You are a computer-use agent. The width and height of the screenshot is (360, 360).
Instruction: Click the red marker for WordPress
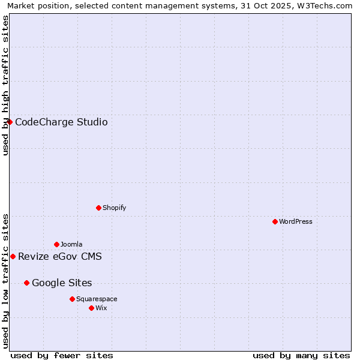click(x=275, y=221)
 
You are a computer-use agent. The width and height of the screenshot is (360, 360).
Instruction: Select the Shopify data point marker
click(x=98, y=208)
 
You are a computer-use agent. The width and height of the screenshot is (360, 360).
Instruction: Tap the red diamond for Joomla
click(x=56, y=244)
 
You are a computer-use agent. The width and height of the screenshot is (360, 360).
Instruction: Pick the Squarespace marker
click(x=72, y=299)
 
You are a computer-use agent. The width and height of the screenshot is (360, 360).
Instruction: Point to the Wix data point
click(x=91, y=308)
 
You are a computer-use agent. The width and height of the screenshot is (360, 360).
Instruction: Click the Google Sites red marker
click(x=26, y=283)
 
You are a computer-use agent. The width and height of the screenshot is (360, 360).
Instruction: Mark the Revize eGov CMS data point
click(x=13, y=256)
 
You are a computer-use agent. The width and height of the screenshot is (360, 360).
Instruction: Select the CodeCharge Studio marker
click(x=10, y=122)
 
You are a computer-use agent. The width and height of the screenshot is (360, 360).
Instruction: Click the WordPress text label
click(x=296, y=221)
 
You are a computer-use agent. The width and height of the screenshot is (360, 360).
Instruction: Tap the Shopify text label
click(x=114, y=208)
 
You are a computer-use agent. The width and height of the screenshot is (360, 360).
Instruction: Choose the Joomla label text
click(x=71, y=244)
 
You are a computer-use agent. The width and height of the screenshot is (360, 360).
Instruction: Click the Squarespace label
click(x=97, y=299)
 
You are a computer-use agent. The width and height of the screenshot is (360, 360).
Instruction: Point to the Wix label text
click(x=101, y=308)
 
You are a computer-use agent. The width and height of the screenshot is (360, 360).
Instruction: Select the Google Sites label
click(x=62, y=283)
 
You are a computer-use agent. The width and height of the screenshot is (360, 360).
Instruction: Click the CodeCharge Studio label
click(x=61, y=122)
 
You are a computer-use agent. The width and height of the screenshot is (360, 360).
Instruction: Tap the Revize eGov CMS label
click(x=60, y=257)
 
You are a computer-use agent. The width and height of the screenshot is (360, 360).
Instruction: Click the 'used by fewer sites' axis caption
click(x=62, y=355)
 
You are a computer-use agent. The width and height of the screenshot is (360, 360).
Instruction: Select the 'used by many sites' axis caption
click(x=301, y=355)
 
